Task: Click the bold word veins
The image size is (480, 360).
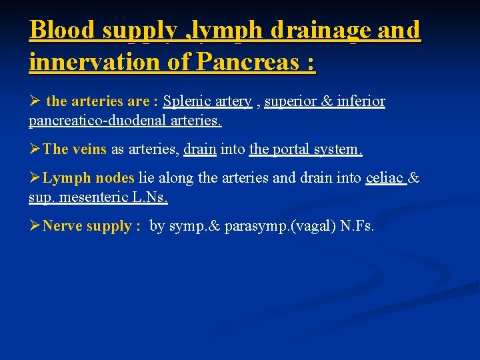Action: point(89,149)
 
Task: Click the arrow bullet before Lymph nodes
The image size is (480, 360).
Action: point(35,178)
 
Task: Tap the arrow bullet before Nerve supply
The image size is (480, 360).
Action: point(35,226)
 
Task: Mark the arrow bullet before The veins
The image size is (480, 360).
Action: point(35,149)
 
